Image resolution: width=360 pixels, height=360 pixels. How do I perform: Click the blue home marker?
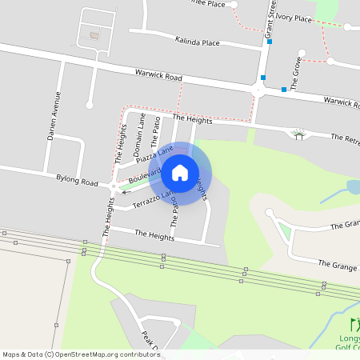coord(180,173)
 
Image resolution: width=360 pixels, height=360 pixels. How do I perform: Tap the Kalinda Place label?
coord(197,42)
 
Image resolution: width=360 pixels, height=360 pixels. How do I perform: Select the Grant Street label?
coord(271,19)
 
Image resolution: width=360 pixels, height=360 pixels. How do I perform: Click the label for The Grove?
coord(295,73)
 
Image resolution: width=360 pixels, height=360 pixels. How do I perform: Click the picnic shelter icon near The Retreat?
coord(299,134)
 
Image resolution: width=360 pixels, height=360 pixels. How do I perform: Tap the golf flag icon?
coord(354,325)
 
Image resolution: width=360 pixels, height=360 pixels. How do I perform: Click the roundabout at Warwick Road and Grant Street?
coord(258,92)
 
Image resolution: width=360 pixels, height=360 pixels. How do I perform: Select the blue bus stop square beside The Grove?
coord(284,89)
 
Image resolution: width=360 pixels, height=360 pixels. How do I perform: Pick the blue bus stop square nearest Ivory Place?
coord(270,43)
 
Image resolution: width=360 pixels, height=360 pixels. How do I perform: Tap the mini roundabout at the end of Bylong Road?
coord(114,187)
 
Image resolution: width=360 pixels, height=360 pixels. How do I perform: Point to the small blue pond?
coord(353,187)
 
